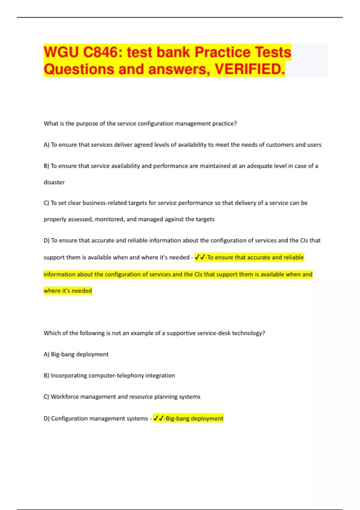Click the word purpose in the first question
(87, 124)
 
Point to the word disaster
(54, 182)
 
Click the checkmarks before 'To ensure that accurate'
(200, 257)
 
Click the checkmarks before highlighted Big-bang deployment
(158, 418)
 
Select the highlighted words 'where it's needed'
(68, 291)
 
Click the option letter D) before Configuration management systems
(46, 418)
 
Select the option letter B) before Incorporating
(46, 376)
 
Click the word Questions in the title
(79, 69)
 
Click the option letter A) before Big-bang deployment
(46, 354)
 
